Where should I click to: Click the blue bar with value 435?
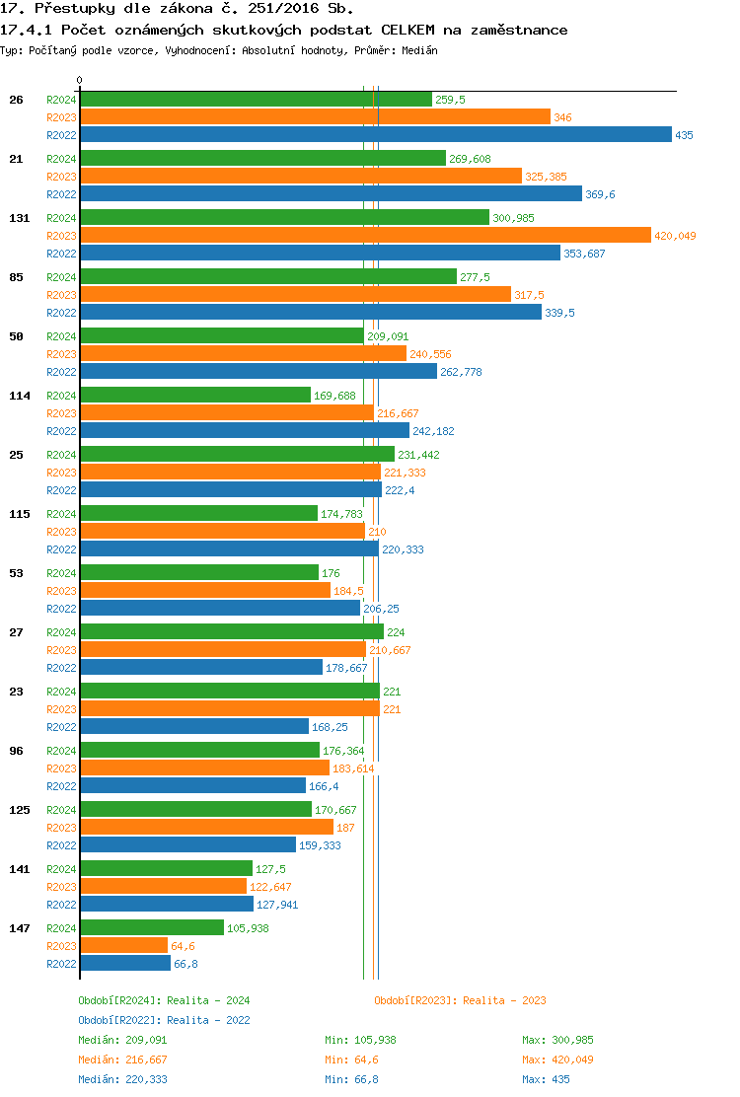point(375,135)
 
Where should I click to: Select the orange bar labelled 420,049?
point(365,236)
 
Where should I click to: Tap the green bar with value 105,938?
point(152,928)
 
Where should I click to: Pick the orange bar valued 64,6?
point(123,946)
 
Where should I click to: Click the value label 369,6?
point(600,195)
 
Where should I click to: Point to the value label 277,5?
point(475,278)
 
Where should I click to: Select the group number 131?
point(19,218)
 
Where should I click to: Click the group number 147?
point(19,928)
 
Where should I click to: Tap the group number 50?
point(16,336)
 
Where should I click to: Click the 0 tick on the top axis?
point(80,81)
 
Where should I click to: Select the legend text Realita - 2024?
point(208,1000)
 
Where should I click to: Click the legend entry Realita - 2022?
point(208,1020)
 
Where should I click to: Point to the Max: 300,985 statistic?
point(557,1040)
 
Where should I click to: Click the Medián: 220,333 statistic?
point(122,1079)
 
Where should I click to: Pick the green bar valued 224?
point(232,632)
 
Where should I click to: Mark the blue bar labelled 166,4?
point(192,786)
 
